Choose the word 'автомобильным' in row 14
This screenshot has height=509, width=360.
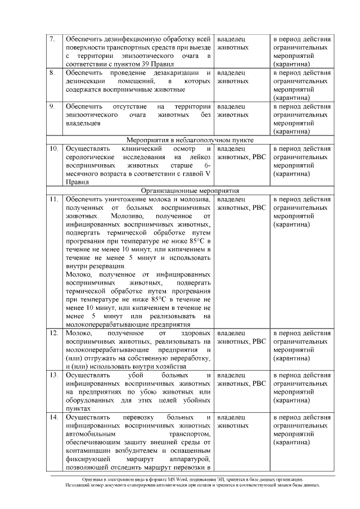click(x=90, y=435)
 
